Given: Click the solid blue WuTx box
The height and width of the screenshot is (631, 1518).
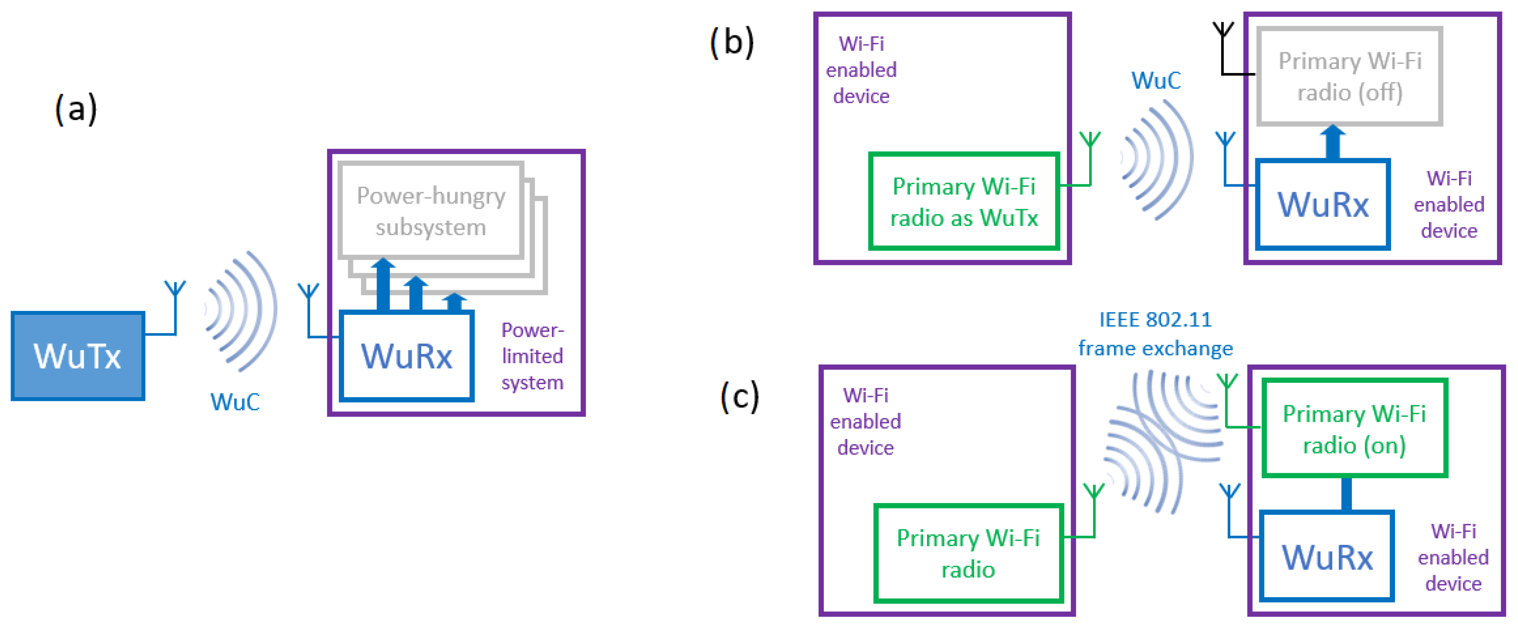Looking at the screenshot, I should tap(78, 356).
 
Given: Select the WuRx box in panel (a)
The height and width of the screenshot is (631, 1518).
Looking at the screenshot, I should tap(406, 356).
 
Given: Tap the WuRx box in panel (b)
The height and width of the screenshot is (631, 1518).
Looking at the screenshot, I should tap(1322, 204).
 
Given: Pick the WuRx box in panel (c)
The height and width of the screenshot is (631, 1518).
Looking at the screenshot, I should tap(1327, 556).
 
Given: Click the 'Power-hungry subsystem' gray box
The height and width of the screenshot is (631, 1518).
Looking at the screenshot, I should tap(431, 211).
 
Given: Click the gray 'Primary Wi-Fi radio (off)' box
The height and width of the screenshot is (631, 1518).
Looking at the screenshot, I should tap(1349, 76).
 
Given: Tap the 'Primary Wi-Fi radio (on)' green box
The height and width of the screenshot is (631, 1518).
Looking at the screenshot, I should tap(1354, 428).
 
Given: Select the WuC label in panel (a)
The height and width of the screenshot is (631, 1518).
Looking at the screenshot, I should tap(235, 402).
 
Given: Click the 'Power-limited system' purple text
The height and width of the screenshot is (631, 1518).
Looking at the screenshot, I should tap(532, 356).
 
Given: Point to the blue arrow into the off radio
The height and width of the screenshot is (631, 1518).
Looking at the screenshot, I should tap(1332, 142).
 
